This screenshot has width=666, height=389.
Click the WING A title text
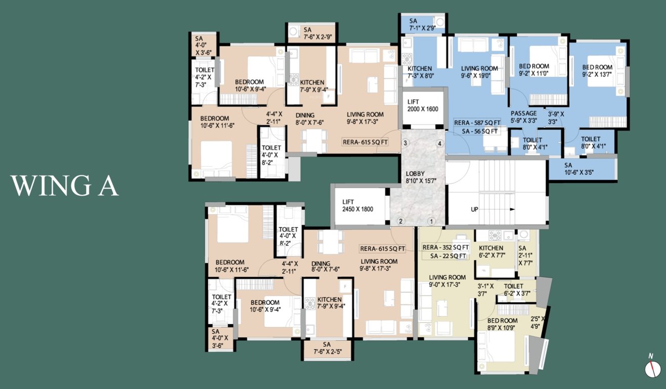coord(65,186)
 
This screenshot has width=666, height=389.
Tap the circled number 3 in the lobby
coord(405,143)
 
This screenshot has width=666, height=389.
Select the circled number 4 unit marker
coord(440,143)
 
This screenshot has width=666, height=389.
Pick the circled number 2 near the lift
coord(401,221)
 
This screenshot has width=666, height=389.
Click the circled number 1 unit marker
coord(431,221)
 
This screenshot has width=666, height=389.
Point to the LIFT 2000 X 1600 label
coord(422,105)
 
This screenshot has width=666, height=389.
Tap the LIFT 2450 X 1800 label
coord(358,206)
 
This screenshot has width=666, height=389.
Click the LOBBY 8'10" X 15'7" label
coord(421,177)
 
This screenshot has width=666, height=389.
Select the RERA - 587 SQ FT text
coord(477,123)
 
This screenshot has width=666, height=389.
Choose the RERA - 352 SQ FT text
coord(446,247)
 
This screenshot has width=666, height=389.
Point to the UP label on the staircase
coord(474,209)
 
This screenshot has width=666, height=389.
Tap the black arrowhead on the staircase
coord(512,209)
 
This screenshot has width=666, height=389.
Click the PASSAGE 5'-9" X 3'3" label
coord(523,117)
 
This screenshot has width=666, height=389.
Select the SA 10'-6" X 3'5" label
coord(579,169)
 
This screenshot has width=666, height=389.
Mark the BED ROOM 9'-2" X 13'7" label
coord(597,71)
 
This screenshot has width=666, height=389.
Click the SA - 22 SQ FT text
coord(448,256)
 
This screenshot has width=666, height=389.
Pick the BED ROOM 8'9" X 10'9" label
coord(502,324)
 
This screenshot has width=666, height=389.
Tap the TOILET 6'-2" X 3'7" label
coord(517,290)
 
